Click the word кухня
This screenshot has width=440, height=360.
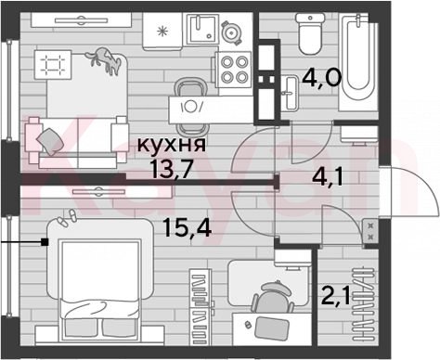171,144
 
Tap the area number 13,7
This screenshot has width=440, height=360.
171,169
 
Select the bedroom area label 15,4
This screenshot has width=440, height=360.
188,227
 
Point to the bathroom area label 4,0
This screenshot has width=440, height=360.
321,77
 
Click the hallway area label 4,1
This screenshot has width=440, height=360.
328,177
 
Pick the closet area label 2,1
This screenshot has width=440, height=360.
336,295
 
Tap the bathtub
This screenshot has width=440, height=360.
358,62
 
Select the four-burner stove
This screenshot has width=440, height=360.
235,70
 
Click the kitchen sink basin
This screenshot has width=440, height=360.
202,29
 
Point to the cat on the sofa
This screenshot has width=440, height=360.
104,60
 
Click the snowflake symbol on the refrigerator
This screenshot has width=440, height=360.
162,32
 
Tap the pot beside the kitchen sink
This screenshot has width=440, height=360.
230,32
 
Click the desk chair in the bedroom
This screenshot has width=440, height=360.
273,298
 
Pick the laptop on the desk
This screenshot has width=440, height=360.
272,328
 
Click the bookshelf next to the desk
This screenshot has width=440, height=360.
201,307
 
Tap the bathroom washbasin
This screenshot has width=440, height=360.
291,93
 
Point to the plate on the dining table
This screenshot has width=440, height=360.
190,107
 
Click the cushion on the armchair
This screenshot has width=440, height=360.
50,141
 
